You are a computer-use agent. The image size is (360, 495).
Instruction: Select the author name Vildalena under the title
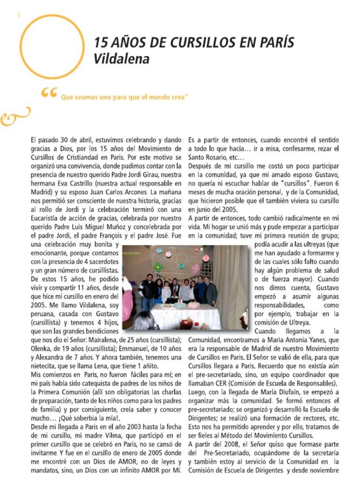pos(122,59)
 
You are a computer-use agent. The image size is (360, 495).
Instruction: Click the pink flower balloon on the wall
pos(195,267)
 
